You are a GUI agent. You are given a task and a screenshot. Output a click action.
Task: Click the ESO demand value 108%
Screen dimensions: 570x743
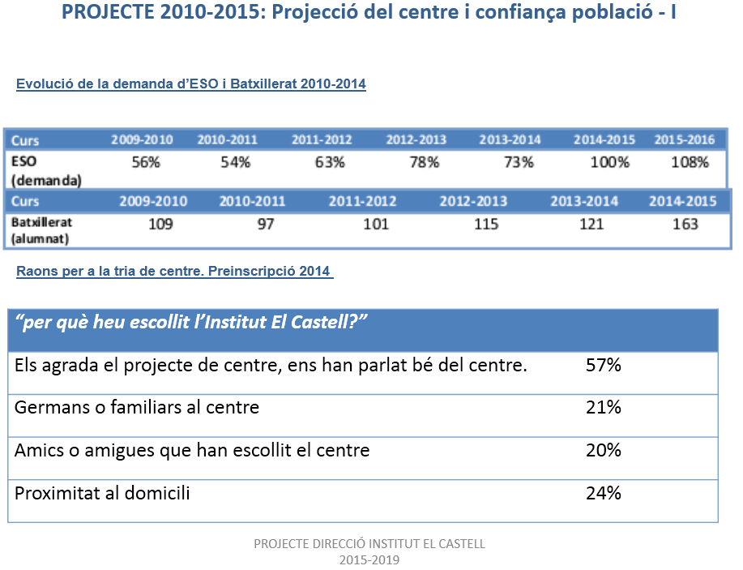(690, 162)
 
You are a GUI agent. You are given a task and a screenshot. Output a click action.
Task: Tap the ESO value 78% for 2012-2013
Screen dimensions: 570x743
(424, 162)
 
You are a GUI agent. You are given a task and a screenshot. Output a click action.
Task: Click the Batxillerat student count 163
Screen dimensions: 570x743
(685, 224)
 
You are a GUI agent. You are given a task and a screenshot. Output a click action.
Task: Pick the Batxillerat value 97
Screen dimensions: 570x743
(265, 224)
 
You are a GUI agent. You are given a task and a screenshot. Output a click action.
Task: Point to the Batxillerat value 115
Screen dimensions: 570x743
(486, 224)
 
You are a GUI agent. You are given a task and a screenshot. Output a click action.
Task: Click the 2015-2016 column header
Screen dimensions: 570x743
(685, 139)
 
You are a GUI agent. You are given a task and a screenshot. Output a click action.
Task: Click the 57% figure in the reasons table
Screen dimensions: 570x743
(603, 366)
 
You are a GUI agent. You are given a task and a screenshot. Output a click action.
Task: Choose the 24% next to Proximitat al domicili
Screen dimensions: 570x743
(603, 492)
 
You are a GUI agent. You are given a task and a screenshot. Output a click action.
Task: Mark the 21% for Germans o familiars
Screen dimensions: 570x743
(603, 407)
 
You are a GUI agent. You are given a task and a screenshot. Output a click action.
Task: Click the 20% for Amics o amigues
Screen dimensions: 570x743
(603, 450)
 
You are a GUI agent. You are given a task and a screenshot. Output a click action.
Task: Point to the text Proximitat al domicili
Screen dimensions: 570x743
(102, 492)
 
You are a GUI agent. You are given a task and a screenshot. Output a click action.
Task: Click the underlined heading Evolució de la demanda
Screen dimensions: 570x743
(190, 84)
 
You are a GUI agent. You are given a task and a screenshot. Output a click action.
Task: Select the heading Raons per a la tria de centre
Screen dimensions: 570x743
(174, 271)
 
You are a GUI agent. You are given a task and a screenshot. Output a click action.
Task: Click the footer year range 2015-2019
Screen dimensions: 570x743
(369, 559)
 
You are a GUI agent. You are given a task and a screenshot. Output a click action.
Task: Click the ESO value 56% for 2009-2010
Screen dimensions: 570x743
(146, 162)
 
